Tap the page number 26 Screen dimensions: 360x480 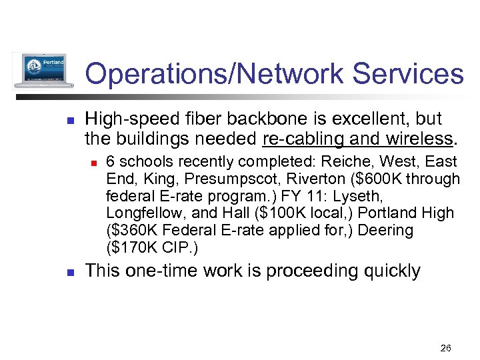[x=446, y=347]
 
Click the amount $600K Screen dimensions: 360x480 [x=365, y=179]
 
